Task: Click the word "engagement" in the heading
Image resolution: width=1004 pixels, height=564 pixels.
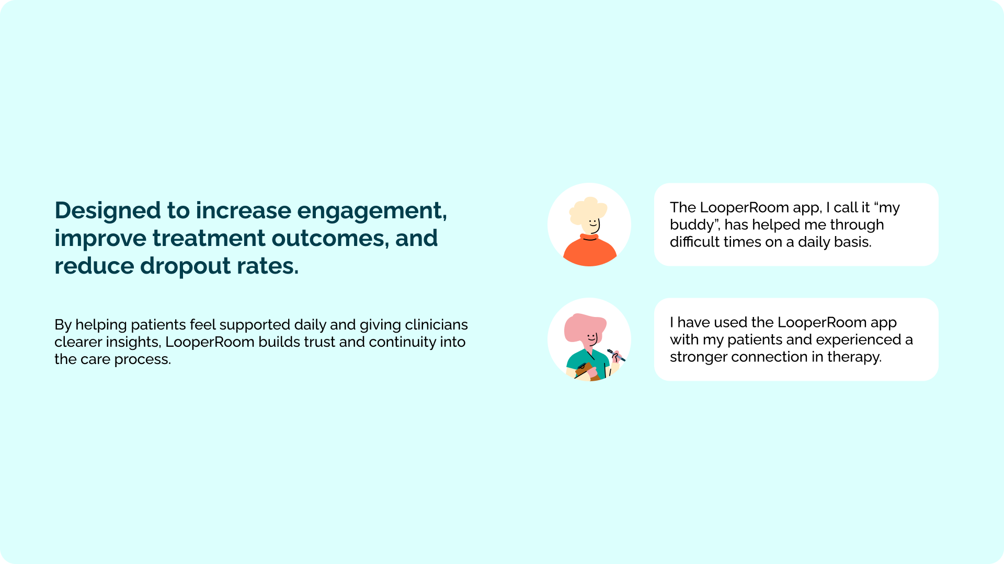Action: coord(371,211)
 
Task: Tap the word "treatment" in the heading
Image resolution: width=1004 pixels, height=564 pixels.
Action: coord(209,238)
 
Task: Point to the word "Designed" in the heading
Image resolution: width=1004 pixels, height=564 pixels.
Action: coord(108,211)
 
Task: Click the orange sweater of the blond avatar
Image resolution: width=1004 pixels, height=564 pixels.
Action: coord(590,253)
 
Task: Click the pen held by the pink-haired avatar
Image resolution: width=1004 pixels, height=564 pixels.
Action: coord(616,355)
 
